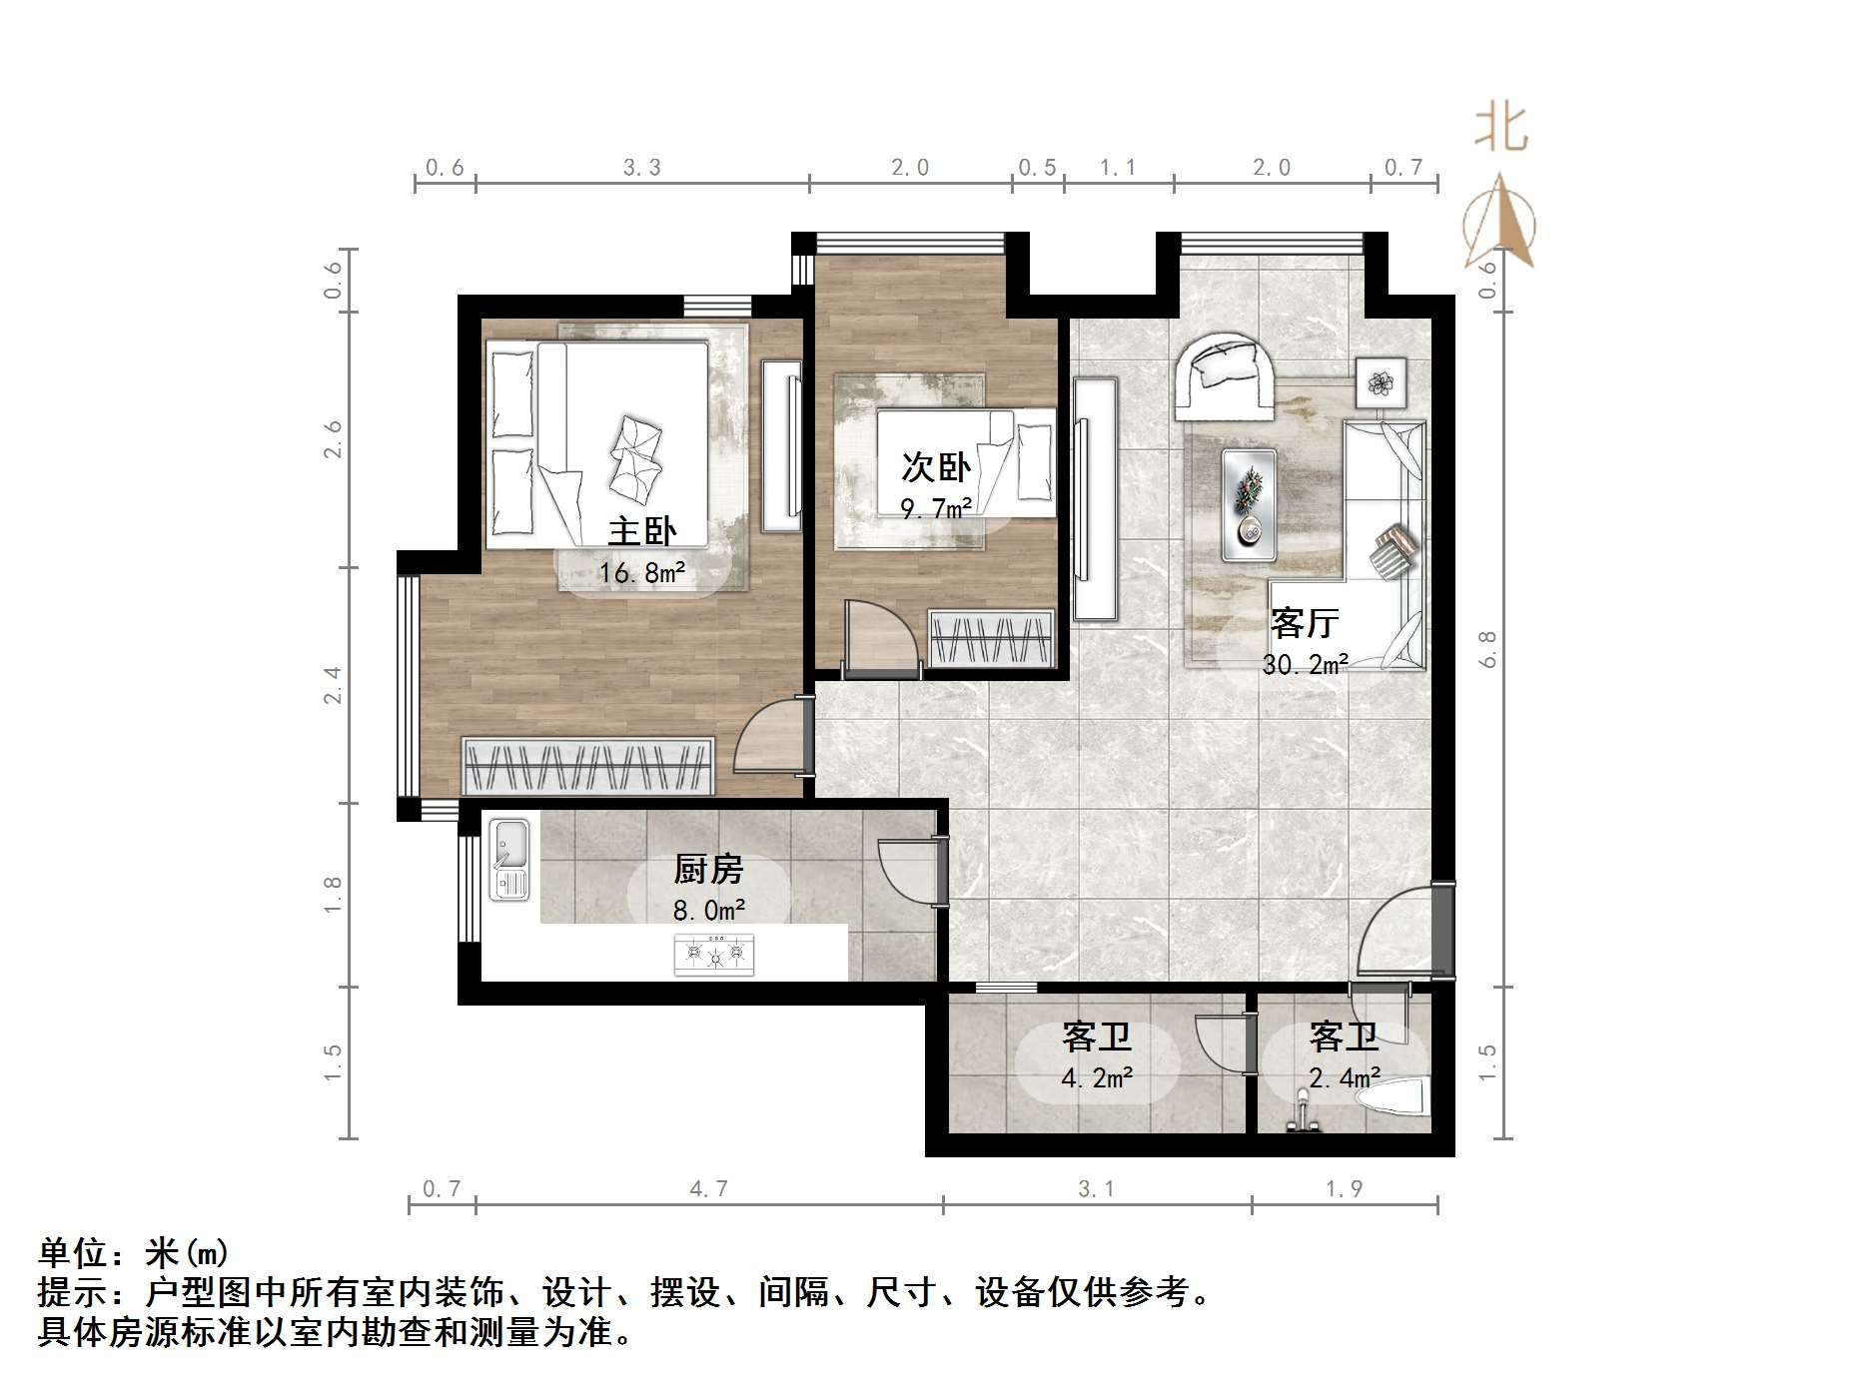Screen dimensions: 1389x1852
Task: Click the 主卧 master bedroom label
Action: point(641,531)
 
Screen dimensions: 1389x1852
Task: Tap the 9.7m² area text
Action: point(936,509)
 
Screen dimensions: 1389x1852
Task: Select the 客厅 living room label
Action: point(1304,623)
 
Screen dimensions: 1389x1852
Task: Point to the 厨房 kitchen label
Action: point(708,869)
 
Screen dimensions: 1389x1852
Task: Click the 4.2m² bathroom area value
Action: point(1097,1077)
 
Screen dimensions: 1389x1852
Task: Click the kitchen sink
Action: point(509,860)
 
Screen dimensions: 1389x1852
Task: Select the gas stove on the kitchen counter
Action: point(714,954)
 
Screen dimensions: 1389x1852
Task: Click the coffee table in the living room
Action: point(1249,504)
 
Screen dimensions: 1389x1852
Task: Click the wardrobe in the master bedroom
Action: point(587,766)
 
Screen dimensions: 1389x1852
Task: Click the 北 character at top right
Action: point(1501,130)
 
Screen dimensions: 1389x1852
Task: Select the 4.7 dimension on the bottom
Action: point(708,1188)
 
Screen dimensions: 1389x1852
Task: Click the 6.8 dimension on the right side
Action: point(1487,649)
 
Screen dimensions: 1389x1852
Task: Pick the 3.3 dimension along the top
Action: point(641,168)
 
